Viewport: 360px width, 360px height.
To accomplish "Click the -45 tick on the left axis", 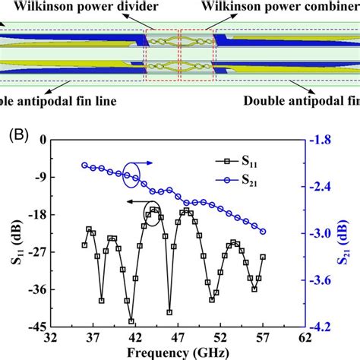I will pyautogui.click(x=35, y=327).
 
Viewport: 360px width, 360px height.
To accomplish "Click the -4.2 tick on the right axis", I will pyautogui.click(x=323, y=327).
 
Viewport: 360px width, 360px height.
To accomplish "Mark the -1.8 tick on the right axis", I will pyautogui.click(x=323, y=140).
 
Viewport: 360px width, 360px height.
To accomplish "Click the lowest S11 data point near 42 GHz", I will pyautogui.click(x=131, y=321).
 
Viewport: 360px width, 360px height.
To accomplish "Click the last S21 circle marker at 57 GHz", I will pyautogui.click(x=263, y=232).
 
